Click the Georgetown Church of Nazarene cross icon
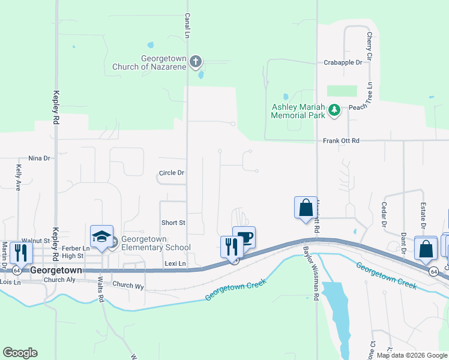(x=195, y=61)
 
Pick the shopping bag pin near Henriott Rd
(x=306, y=208)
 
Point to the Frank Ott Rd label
(x=340, y=140)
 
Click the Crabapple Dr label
(x=343, y=62)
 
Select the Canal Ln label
(x=187, y=26)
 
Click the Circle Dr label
(x=172, y=173)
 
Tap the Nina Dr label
(x=38, y=158)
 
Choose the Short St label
(x=173, y=223)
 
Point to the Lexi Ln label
(x=175, y=263)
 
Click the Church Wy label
(x=128, y=286)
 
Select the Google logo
(x=20, y=353)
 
